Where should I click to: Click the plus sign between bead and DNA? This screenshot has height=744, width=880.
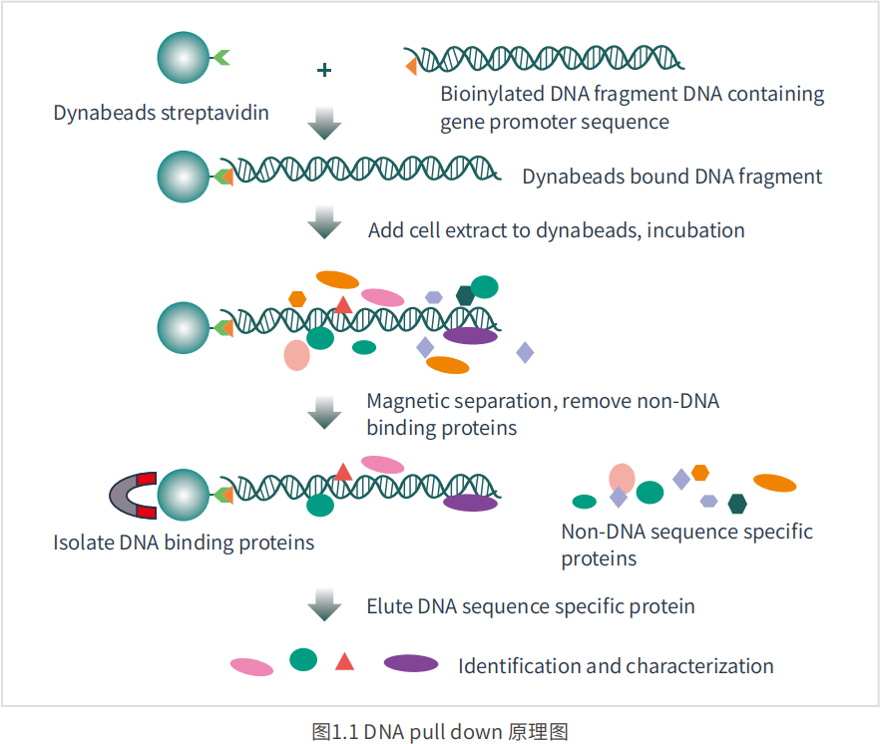pos(324,70)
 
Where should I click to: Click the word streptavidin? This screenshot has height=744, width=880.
pos(215,113)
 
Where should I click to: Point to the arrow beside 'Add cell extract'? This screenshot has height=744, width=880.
pos(324,222)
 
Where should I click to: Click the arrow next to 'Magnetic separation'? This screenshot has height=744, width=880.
pos(324,413)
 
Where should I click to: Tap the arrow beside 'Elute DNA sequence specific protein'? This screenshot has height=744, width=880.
pos(324,604)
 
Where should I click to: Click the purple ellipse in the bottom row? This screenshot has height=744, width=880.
pos(411,663)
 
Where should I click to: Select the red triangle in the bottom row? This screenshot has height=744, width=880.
pos(344,661)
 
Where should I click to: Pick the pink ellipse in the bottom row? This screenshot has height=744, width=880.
pos(252,666)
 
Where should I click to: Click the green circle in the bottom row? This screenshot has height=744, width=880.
pos(303,660)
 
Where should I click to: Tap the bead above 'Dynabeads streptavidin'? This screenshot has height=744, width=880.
pos(183,57)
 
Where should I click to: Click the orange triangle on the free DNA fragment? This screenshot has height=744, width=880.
pos(411,66)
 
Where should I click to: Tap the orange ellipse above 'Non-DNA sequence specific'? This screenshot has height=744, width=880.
pos(774,483)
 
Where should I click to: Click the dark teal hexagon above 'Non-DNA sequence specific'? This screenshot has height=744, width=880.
pos(737,504)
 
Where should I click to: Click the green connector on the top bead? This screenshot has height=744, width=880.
pos(220,57)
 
